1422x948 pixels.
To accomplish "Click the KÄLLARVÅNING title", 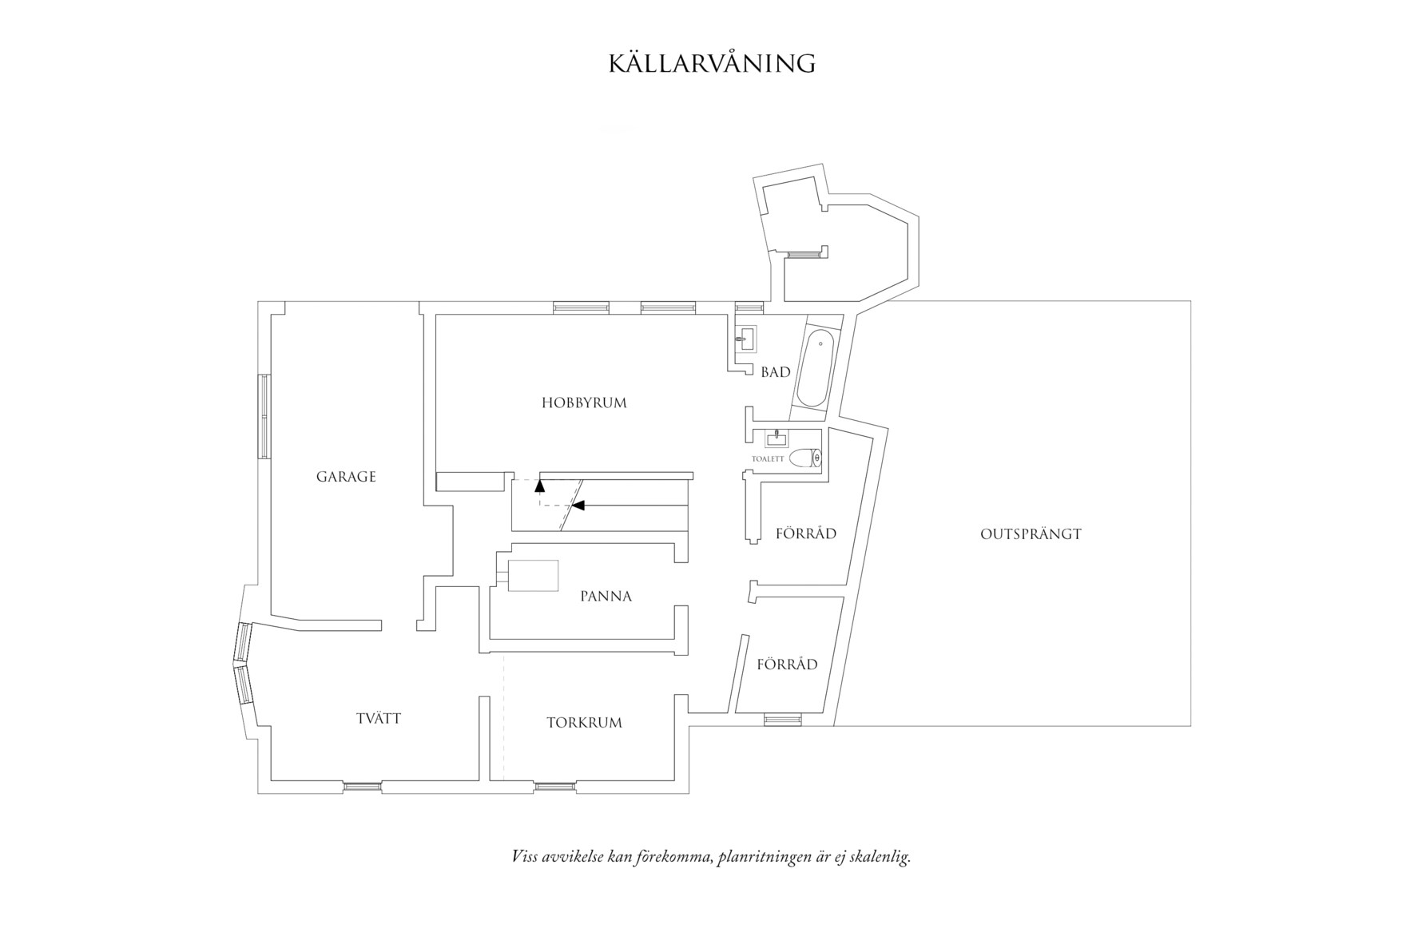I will click(x=712, y=64).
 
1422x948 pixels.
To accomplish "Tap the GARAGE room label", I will click(x=346, y=477).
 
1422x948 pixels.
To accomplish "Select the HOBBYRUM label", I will click(x=584, y=403).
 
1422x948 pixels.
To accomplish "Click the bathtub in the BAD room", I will click(x=816, y=370).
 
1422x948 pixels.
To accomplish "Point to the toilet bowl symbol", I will click(x=804, y=458).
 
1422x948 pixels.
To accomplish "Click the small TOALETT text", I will click(x=768, y=460).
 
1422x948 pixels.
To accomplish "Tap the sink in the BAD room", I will click(x=746, y=339).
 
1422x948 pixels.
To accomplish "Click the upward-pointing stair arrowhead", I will click(x=540, y=483).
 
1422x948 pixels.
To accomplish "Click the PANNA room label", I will click(x=606, y=597).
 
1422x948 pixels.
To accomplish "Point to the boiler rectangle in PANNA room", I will click(x=533, y=576).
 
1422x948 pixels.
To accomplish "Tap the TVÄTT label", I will click(x=379, y=719).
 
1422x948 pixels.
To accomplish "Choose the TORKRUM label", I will click(x=584, y=724).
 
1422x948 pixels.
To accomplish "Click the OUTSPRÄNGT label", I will click(x=1031, y=534).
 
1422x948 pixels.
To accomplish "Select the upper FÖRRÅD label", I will click(x=805, y=533).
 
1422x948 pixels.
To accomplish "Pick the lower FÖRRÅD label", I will click(x=787, y=664).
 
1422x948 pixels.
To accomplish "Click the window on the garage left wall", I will click(x=262, y=416).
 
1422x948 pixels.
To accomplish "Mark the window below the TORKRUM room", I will click(x=554, y=787).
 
